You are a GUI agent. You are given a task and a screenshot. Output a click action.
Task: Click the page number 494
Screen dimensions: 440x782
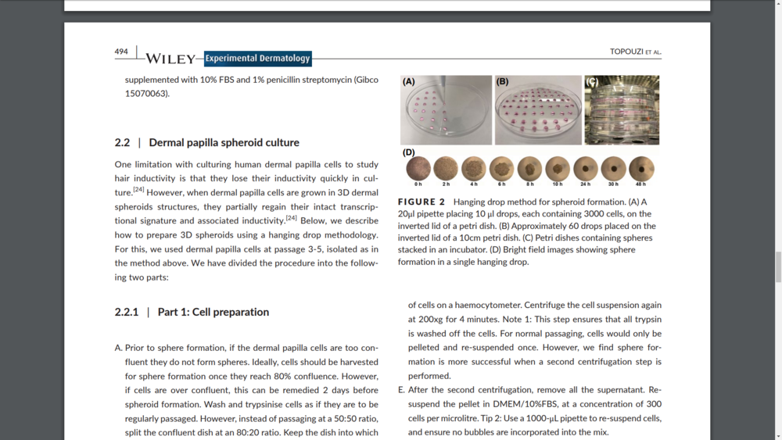tap(121, 52)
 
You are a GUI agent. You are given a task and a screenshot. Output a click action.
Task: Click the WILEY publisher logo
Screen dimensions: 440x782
tap(170, 59)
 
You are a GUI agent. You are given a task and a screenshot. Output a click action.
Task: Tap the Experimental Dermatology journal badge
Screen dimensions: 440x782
tap(258, 58)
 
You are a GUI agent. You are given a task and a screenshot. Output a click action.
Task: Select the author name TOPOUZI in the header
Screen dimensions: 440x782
tap(626, 52)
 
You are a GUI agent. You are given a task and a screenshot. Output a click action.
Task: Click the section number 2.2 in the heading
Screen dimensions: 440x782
tap(122, 142)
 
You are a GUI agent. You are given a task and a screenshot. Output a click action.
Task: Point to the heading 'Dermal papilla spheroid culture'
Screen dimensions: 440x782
tap(224, 142)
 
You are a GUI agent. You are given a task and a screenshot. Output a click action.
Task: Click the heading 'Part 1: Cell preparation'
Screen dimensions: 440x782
tap(213, 312)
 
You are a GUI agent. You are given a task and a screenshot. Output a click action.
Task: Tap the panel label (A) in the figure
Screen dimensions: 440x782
tap(409, 81)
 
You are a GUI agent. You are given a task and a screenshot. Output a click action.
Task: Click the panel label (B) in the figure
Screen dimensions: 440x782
tap(502, 81)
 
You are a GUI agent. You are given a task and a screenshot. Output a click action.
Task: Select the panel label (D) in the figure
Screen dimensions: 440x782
tap(409, 152)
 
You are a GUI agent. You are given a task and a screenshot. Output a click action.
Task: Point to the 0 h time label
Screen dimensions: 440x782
tap(418, 184)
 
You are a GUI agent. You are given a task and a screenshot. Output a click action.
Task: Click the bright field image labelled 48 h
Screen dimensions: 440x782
tap(641, 168)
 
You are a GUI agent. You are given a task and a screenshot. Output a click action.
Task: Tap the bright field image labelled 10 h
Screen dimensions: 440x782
tap(558, 168)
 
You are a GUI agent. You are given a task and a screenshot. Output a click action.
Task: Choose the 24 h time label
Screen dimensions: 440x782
tap(585, 184)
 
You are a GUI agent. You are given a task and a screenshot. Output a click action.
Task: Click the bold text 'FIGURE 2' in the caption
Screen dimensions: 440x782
tap(421, 202)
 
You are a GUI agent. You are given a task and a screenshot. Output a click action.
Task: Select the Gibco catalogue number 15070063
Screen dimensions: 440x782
tap(147, 93)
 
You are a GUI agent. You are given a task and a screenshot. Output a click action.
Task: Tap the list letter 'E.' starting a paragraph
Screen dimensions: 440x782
tap(402, 389)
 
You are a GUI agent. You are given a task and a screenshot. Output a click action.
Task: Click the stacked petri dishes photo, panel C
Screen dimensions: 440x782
tap(622, 110)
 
